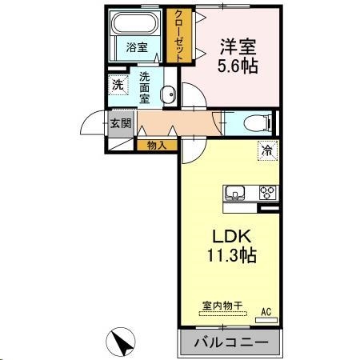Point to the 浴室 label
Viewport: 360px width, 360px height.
pyautogui.click(x=137, y=47)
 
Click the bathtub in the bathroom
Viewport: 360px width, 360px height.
pyautogui.click(x=138, y=24)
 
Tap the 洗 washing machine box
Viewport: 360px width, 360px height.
pyautogui.click(x=118, y=85)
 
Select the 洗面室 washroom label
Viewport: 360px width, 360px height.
pyautogui.click(x=145, y=88)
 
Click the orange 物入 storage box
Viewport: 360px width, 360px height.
pyautogui.click(x=157, y=145)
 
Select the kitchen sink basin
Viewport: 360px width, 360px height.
pyautogui.click(x=237, y=193)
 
